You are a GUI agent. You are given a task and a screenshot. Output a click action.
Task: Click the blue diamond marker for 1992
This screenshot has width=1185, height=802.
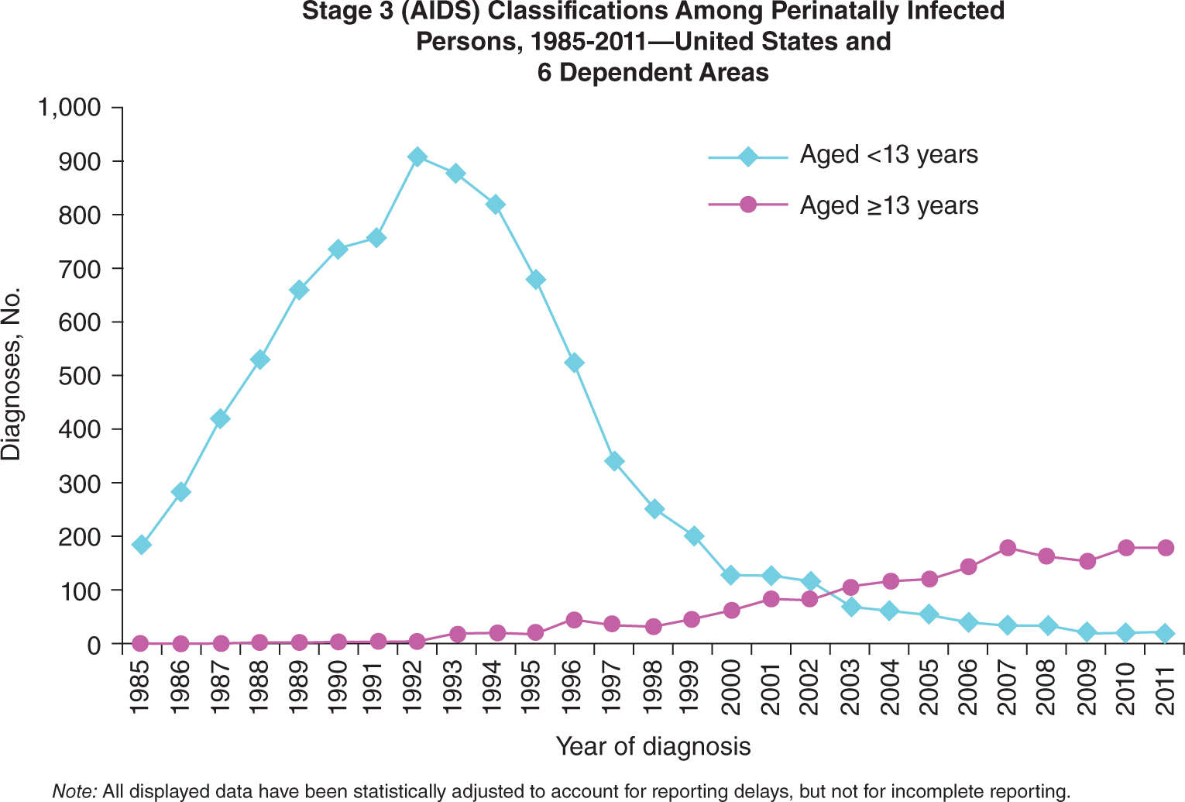tap(417, 157)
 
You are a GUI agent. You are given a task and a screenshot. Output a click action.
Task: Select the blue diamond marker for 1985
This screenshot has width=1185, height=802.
tap(141, 545)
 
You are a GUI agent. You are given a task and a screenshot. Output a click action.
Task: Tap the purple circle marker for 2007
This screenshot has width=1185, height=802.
tap(1007, 548)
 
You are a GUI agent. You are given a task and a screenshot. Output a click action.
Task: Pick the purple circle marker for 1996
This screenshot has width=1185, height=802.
tap(574, 620)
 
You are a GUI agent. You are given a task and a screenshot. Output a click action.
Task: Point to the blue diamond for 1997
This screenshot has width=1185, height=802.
tap(614, 462)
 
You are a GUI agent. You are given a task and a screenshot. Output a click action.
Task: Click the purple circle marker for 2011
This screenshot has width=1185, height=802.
tap(1164, 548)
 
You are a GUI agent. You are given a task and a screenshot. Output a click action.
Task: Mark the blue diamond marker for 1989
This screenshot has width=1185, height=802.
tap(299, 290)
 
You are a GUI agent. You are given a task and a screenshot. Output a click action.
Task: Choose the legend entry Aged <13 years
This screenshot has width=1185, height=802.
tap(888, 155)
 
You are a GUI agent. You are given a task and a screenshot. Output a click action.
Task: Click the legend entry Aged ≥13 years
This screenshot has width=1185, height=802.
tap(888, 205)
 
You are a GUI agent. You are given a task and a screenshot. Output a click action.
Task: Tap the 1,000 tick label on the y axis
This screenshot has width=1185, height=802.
tap(70, 107)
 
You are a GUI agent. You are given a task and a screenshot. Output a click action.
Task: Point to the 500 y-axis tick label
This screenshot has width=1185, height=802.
tap(81, 376)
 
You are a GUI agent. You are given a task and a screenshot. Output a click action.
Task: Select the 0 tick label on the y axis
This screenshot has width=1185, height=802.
tap(94, 645)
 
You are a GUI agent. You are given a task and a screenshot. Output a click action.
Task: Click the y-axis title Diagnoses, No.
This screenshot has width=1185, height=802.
tap(12, 374)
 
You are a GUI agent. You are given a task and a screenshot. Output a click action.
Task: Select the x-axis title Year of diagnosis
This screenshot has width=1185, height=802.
tap(653, 746)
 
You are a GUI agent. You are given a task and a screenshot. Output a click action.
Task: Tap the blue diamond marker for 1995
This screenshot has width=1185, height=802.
tap(535, 280)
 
